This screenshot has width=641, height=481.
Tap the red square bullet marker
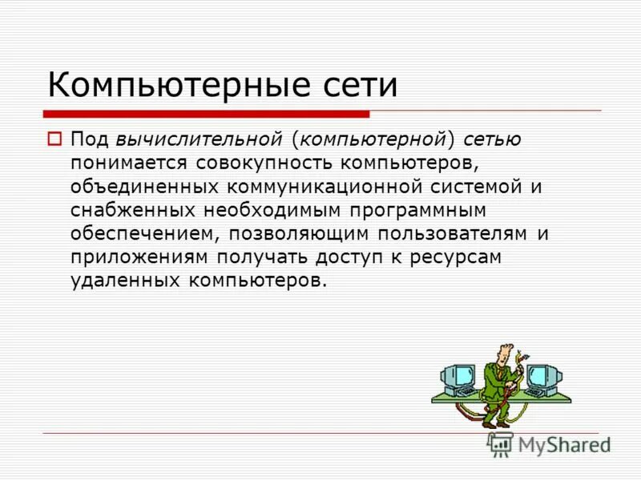(54, 138)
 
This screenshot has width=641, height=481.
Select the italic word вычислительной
(200, 139)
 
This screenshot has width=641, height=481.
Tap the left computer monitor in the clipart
(459, 375)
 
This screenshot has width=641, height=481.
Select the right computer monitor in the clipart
(542, 375)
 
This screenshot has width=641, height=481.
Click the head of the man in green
(502, 353)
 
